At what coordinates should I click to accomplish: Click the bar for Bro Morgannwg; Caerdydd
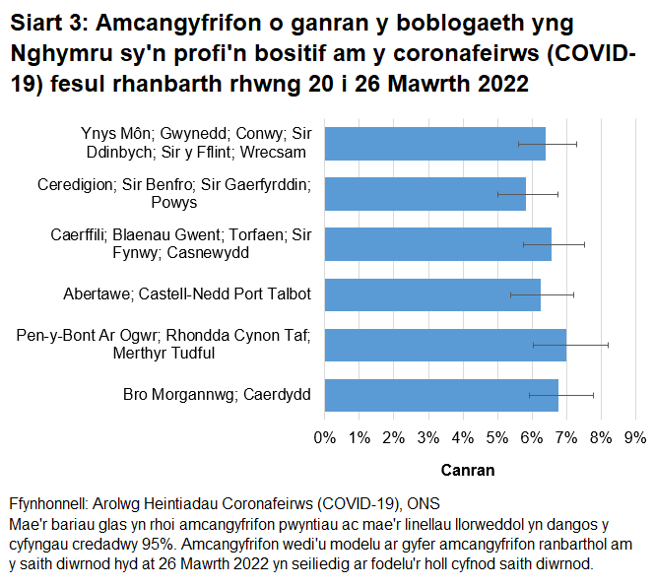pos(440,395)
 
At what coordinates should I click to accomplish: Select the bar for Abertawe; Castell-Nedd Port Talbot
pos(431,294)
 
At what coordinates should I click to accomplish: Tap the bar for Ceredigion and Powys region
pos(425,194)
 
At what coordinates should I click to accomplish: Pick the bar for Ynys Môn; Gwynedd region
pos(434,144)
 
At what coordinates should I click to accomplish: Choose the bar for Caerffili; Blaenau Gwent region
pos(437,244)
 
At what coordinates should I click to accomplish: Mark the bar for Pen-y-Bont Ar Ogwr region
pos(444,345)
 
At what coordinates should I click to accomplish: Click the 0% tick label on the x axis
pos(324,436)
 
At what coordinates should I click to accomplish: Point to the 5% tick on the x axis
pos(497,436)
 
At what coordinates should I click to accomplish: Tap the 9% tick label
pos(635,436)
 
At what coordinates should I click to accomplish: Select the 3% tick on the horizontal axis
pos(427,436)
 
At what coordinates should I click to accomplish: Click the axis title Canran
pos(468,470)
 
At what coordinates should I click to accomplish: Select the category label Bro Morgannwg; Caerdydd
pos(217,395)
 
